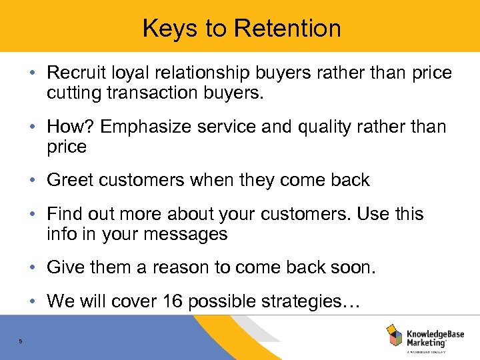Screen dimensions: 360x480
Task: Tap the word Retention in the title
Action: [x=288, y=28]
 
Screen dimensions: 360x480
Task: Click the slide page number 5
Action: [x=21, y=342]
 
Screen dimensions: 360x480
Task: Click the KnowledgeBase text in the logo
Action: [x=435, y=331]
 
